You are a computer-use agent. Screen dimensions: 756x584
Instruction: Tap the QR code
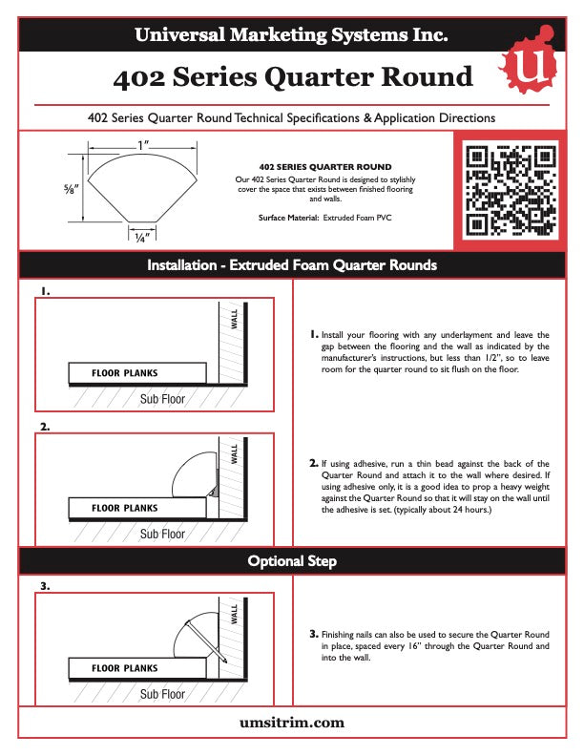(x=509, y=189)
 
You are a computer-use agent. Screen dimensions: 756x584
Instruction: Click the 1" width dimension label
(x=143, y=146)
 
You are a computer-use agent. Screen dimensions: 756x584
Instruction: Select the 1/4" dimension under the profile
(x=141, y=238)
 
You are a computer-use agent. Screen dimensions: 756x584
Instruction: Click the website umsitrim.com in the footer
(x=291, y=723)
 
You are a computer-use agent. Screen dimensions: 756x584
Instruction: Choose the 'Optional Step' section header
(x=292, y=561)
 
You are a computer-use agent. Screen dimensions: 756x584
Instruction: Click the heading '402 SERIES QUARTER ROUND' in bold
(x=325, y=167)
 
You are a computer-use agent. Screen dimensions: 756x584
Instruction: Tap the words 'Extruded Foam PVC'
(x=358, y=218)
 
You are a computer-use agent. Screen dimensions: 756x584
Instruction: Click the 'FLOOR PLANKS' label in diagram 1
(x=124, y=372)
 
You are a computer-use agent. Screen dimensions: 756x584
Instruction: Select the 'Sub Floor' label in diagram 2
(x=162, y=534)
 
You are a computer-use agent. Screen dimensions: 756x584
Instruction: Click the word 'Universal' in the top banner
(x=177, y=36)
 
